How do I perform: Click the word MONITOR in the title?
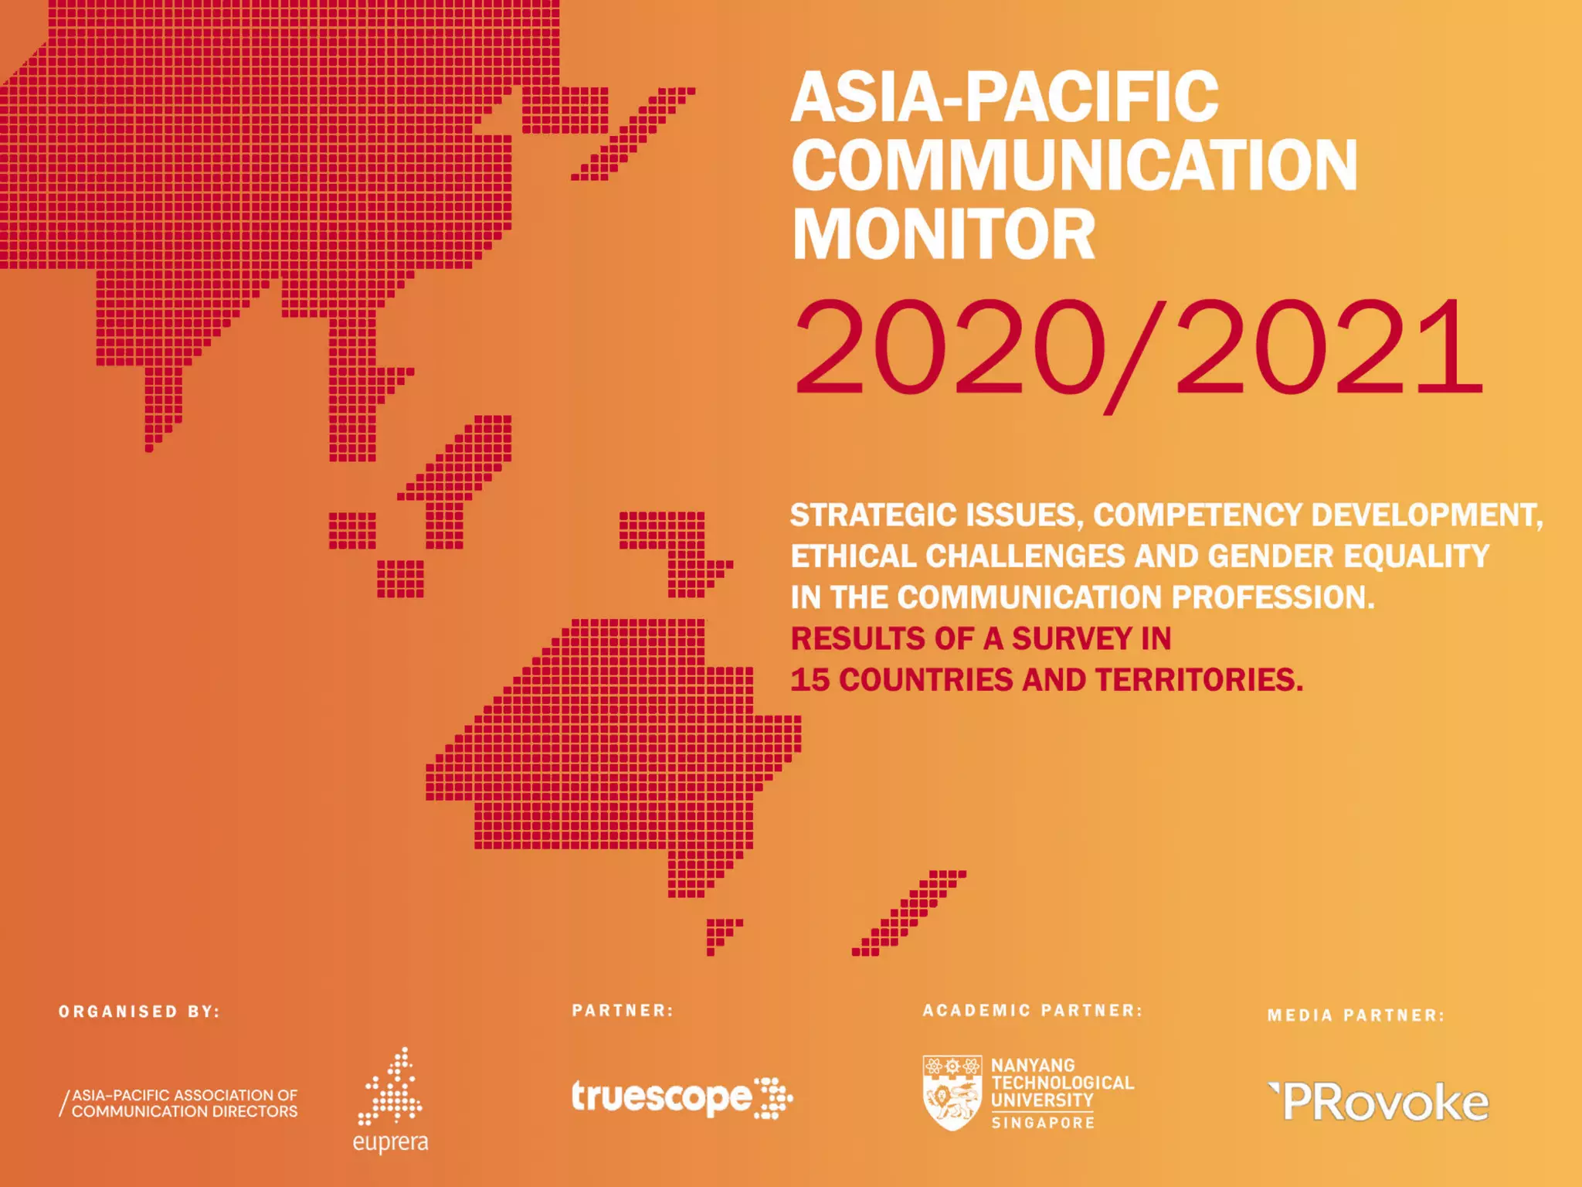[943, 235]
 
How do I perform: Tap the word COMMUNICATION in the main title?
[1074, 165]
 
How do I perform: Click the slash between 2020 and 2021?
[1134, 354]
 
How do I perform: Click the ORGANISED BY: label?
[140, 1012]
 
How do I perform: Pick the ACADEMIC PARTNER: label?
[1032, 1010]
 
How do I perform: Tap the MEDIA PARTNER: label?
[1356, 1015]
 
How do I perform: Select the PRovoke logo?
[1380, 1103]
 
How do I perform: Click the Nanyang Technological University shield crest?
[952, 1093]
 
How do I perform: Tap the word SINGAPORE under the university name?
[1043, 1123]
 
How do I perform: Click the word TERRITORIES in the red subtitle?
[1198, 680]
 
